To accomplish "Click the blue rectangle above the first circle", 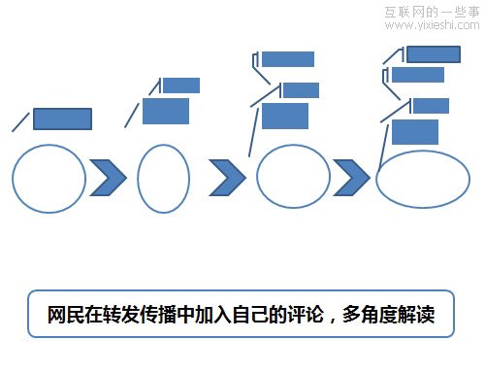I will pos(63,119).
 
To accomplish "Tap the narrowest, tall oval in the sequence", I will pos(163,177).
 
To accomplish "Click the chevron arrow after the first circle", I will pos(109,176).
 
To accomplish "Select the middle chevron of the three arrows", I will pos(228,176).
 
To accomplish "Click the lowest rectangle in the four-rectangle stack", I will pos(414,131).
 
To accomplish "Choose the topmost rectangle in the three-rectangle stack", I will pos(288,59).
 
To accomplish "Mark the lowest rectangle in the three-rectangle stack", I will pos(285,116).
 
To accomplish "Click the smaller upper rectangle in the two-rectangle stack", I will pos(180,85).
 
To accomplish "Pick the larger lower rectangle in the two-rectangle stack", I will pos(166,111).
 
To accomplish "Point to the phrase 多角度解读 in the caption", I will pos(388,315).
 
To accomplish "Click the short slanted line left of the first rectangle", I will pos(20,121).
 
